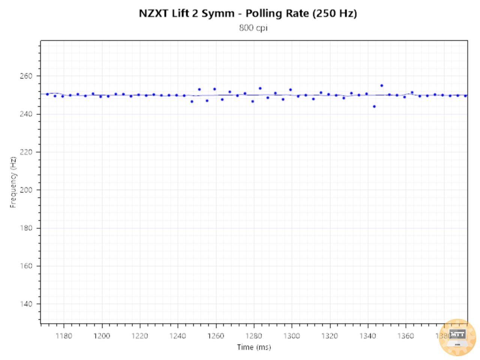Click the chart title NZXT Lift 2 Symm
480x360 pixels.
pyautogui.click(x=186, y=13)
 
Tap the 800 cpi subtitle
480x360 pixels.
pyautogui.click(x=253, y=28)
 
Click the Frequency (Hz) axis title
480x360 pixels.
pyautogui.click(x=13, y=182)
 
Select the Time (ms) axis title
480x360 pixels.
pyautogui.click(x=253, y=347)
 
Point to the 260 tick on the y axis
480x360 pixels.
pyautogui.click(x=26, y=76)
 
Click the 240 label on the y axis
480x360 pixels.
pyautogui.click(x=26, y=114)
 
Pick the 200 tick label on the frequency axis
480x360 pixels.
pyautogui.click(x=26, y=190)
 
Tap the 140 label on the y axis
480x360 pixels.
pyautogui.click(x=26, y=304)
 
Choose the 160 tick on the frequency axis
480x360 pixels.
pyautogui.click(x=26, y=266)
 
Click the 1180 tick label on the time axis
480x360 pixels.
pyautogui.click(x=63, y=336)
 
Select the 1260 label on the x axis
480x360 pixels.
pyautogui.click(x=216, y=336)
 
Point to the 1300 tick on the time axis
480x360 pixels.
pyautogui.click(x=291, y=336)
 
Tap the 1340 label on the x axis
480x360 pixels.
pyautogui.click(x=367, y=336)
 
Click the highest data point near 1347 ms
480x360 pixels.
pyautogui.click(x=382, y=85)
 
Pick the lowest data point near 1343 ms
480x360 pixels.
pyautogui.click(x=374, y=106)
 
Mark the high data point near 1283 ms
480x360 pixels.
pyautogui.click(x=260, y=88)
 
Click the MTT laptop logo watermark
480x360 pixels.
pyautogui.click(x=457, y=337)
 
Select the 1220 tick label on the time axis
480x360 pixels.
pyautogui.click(x=139, y=336)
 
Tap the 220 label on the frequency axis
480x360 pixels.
pyautogui.click(x=26, y=152)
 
